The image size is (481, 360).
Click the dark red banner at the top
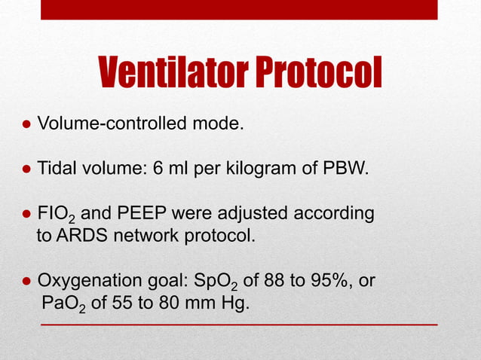pyautogui.click(x=239, y=10)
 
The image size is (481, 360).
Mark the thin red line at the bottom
pyautogui.click(x=239, y=325)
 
